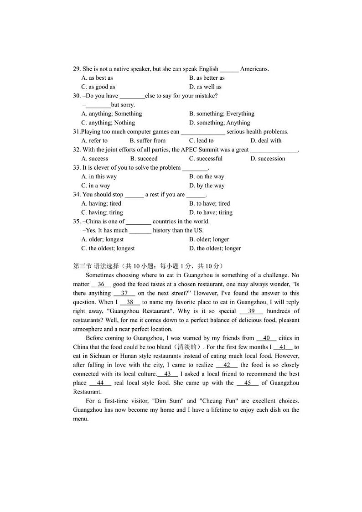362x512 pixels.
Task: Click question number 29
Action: point(77,69)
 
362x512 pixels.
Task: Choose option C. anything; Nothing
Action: point(108,123)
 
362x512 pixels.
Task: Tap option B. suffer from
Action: point(147,141)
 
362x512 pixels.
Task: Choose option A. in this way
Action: point(99,177)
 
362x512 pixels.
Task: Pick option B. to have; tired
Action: point(209,204)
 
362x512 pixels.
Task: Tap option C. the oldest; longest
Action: point(108,248)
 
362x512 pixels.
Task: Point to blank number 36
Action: point(101,284)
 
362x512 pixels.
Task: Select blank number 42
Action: point(227,365)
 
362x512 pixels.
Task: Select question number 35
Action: point(77,222)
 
